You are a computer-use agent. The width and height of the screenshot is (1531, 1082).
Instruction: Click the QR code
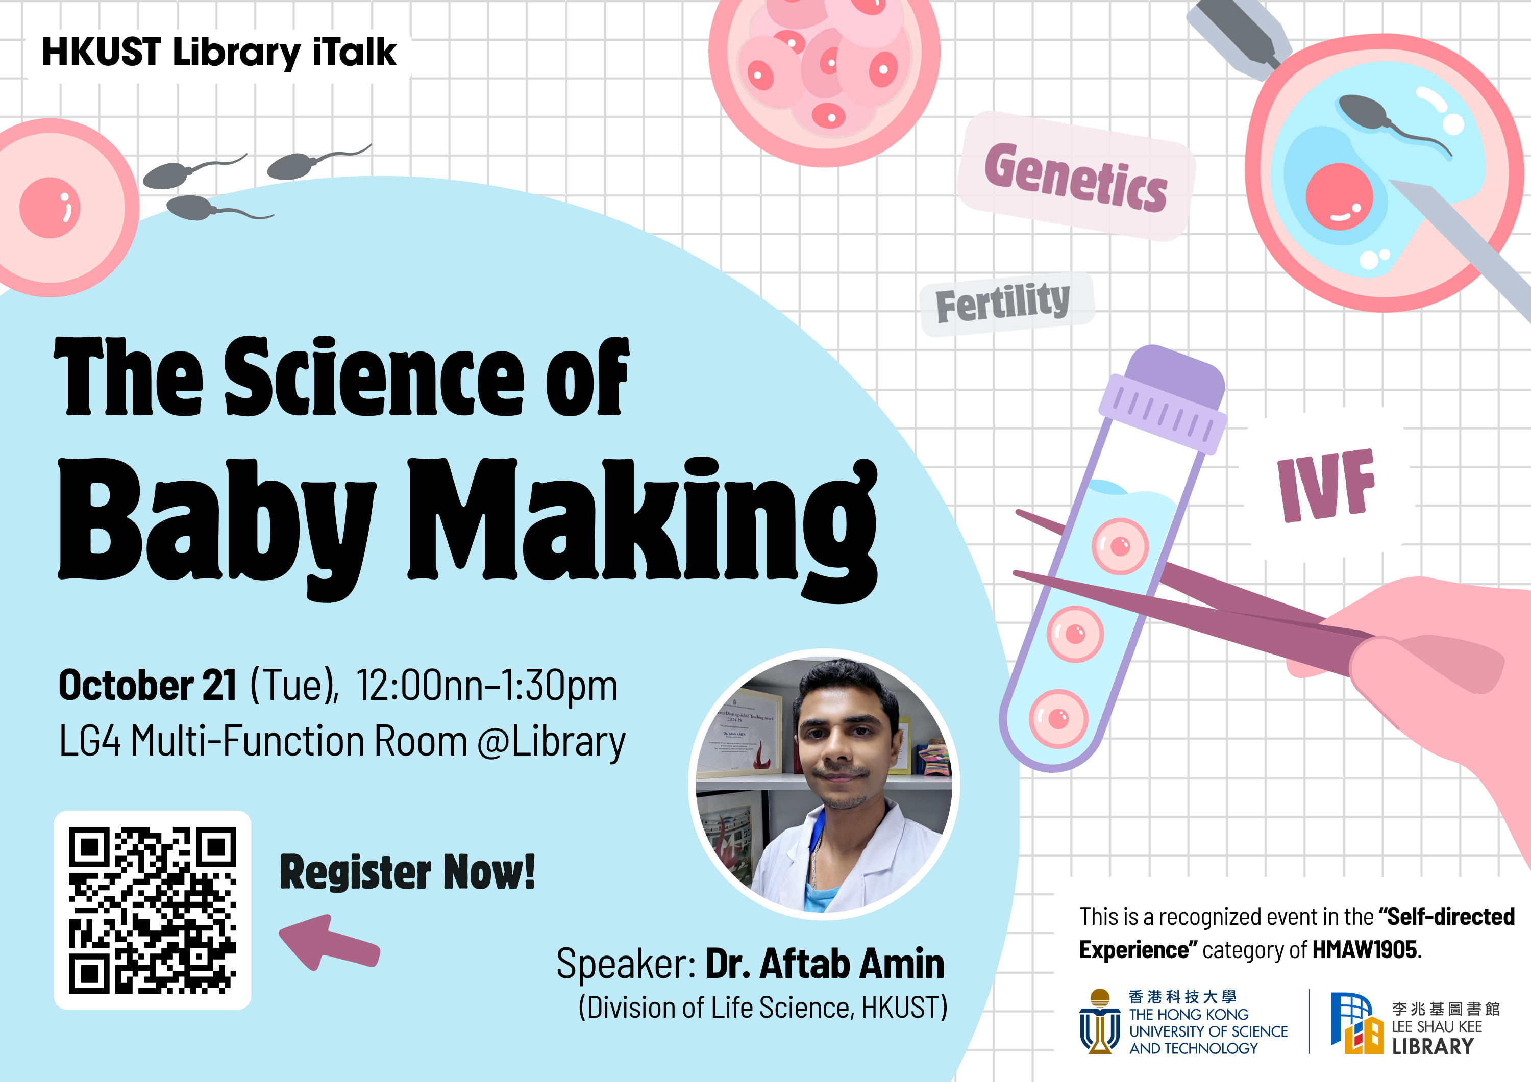pyautogui.click(x=153, y=910)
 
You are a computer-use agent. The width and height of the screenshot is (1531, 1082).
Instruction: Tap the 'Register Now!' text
pyautogui.click(x=407, y=871)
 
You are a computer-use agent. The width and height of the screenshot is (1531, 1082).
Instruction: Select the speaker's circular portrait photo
pyautogui.click(x=824, y=785)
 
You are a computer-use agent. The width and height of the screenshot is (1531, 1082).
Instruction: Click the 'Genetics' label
pyautogui.click(x=1076, y=177)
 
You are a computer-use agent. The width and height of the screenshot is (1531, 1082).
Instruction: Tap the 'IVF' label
pyautogui.click(x=1326, y=485)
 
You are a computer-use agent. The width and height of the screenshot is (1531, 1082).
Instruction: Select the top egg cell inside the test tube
pyautogui.click(x=1120, y=546)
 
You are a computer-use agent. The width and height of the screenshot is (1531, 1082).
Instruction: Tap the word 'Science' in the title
pyautogui.click(x=374, y=376)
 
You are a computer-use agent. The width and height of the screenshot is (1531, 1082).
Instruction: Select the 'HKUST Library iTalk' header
pyautogui.click(x=219, y=53)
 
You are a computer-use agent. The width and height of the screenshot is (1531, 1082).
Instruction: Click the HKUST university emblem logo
pyautogui.click(x=1100, y=1021)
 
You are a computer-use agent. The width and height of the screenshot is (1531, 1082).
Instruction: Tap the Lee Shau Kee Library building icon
pyautogui.click(x=1357, y=1023)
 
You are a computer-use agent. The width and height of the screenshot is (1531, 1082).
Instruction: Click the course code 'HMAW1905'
pyautogui.click(x=1364, y=949)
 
